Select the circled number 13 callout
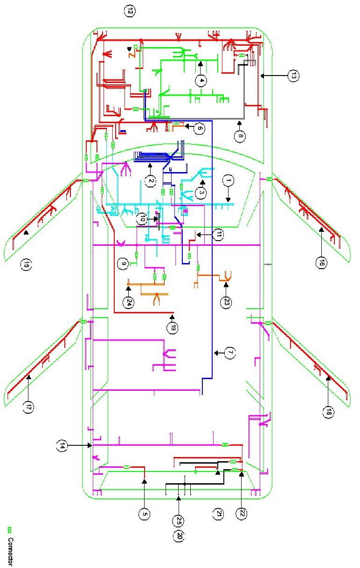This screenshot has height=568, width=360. [292, 76]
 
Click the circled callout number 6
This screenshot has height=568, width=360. [200, 127]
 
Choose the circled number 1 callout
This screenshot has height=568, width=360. [228, 180]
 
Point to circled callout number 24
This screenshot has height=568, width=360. [128, 302]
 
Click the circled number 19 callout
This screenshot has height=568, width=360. [173, 328]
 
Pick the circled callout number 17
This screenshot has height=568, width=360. [28, 406]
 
